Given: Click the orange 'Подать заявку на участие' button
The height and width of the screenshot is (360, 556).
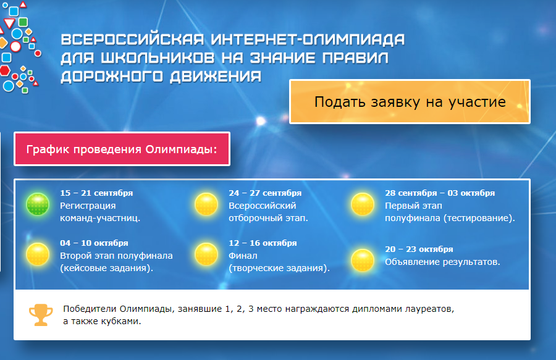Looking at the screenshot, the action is click(410, 102).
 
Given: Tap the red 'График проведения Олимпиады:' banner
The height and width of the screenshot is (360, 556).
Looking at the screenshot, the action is click(122, 149).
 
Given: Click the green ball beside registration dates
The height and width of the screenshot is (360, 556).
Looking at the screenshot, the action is click(38, 204).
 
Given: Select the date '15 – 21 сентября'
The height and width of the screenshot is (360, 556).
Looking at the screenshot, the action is click(96, 193).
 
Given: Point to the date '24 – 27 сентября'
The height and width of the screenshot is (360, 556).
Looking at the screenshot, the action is click(265, 193).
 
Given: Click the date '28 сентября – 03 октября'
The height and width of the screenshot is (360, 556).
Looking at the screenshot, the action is click(440, 193).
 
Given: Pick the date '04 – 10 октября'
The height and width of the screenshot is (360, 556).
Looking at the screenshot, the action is click(94, 243).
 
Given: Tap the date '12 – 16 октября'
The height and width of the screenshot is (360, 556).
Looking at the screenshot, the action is click(263, 243).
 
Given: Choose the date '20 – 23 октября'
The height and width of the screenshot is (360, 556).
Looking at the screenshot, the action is click(419, 249).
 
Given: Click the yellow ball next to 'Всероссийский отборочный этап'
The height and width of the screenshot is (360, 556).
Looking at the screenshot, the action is click(206, 204).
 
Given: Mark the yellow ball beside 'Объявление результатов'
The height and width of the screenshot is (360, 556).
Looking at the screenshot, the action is click(363, 260).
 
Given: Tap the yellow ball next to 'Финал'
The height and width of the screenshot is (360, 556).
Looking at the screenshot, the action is click(206, 254).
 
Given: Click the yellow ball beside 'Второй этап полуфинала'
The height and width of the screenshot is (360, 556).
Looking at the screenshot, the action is click(38, 254).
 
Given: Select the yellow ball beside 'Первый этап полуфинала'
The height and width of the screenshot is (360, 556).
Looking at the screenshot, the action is click(363, 204).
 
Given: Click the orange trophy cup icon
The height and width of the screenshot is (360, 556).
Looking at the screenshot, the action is click(41, 315).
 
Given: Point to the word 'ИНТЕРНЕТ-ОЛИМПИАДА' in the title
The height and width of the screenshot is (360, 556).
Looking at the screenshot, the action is click(308, 40).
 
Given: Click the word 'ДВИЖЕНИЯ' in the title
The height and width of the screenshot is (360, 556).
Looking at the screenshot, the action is click(216, 76).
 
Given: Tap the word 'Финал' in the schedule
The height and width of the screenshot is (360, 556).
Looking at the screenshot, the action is click(243, 256).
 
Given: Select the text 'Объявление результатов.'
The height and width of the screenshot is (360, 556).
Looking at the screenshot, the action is click(442, 262).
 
